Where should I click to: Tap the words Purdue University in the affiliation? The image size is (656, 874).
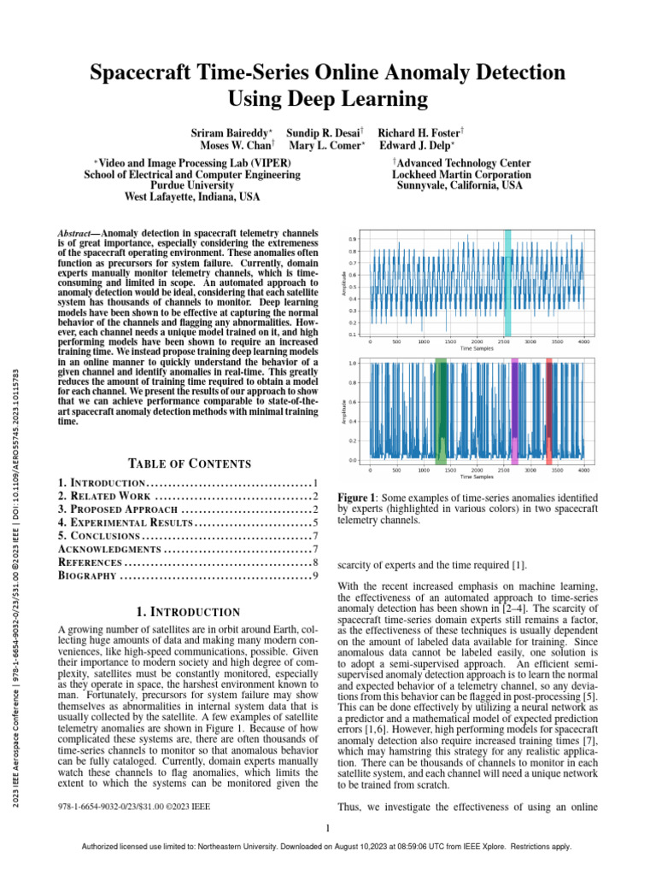pyautogui.click(x=192, y=185)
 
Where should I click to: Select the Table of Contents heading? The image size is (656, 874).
pyautogui.click(x=189, y=463)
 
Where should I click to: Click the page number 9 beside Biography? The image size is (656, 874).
pyautogui.click(x=314, y=576)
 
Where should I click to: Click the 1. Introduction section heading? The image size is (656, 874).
pyautogui.click(x=189, y=612)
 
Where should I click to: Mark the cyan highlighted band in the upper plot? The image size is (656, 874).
pyautogui.click(x=507, y=283)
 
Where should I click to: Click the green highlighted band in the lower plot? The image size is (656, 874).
pyautogui.click(x=442, y=411)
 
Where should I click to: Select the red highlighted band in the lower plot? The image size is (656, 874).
pyautogui.click(x=549, y=411)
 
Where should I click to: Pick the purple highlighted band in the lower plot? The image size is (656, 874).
pyautogui.click(x=514, y=411)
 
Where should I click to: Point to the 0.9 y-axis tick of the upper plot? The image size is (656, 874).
pyautogui.click(x=354, y=240)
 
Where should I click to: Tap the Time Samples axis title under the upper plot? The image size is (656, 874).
pyautogui.click(x=477, y=349)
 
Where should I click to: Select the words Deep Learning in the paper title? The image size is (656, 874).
pyautogui.click(x=328, y=100)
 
